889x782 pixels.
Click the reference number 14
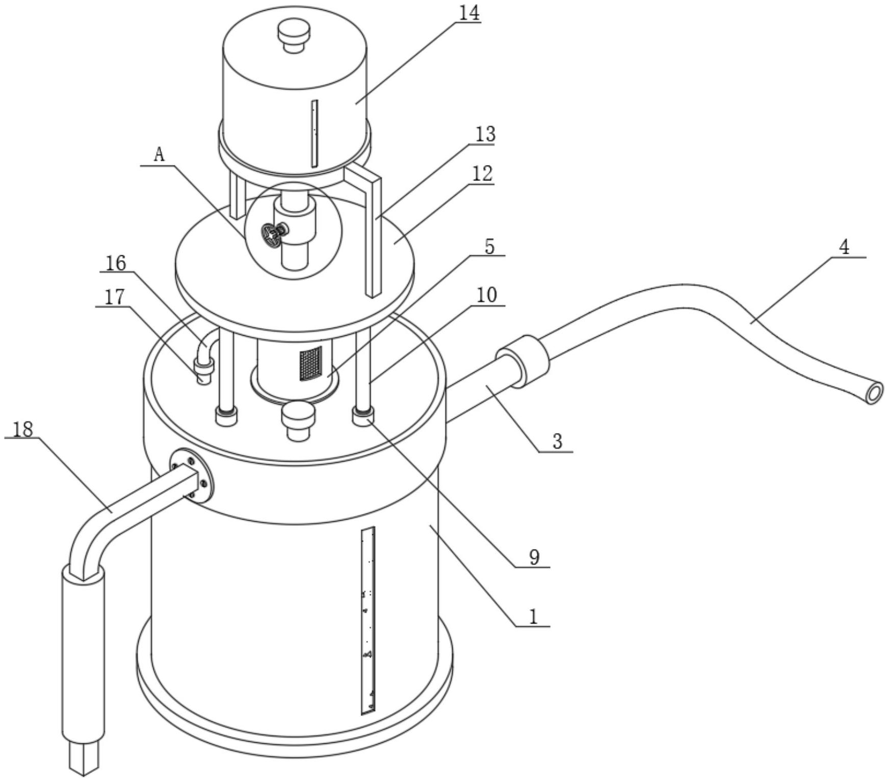click(469, 13)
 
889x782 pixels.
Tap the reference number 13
click(485, 134)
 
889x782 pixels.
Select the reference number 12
click(483, 174)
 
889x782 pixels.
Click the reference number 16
click(116, 263)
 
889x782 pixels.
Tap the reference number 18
click(22, 429)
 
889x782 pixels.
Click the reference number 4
click(844, 248)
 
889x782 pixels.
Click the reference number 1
click(533, 616)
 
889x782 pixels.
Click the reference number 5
click(489, 247)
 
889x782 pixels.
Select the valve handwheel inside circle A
click(271, 234)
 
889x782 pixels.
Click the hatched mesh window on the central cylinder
click(310, 363)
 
